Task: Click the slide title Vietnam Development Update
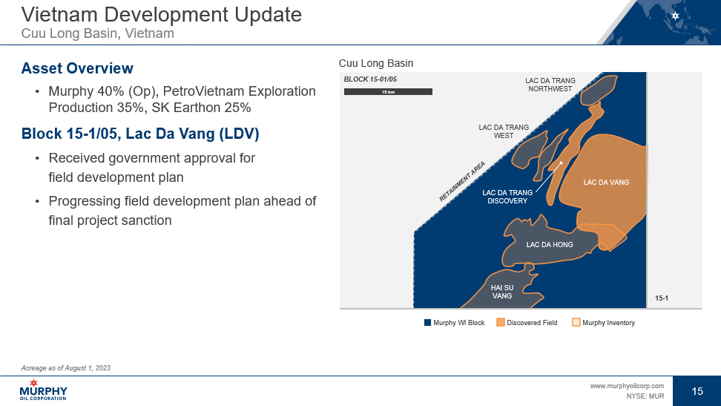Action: click(162, 14)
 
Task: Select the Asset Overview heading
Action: click(77, 68)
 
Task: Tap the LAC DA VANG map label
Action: click(606, 183)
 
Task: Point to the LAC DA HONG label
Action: click(550, 244)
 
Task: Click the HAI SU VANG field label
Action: click(502, 292)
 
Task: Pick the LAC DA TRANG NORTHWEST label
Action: click(550, 85)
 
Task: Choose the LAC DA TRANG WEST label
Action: click(504, 131)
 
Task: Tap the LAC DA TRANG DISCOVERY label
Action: click(507, 197)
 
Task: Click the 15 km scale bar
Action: click(388, 91)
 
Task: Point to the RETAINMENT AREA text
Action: click(462, 182)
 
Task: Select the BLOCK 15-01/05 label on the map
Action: click(370, 79)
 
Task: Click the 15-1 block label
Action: click(662, 298)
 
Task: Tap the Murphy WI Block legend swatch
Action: click(428, 323)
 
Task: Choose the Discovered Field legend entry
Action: click(527, 323)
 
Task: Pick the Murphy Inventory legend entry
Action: click(603, 323)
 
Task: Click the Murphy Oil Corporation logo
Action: click(43, 390)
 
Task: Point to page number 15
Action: click(697, 391)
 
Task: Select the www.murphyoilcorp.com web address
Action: click(628, 386)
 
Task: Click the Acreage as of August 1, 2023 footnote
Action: click(66, 368)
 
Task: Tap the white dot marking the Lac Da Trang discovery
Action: click(561, 163)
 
